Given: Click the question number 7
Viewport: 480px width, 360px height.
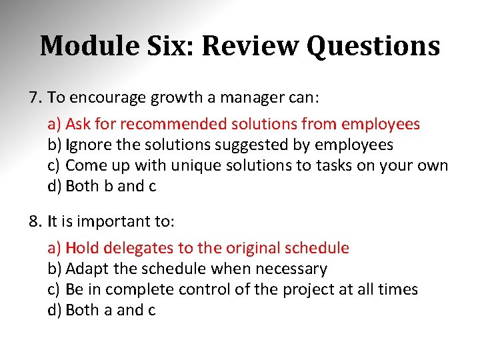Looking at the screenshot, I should pyautogui.click(x=35, y=98).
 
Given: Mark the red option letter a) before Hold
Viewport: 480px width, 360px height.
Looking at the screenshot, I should pyautogui.click(x=55, y=248).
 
